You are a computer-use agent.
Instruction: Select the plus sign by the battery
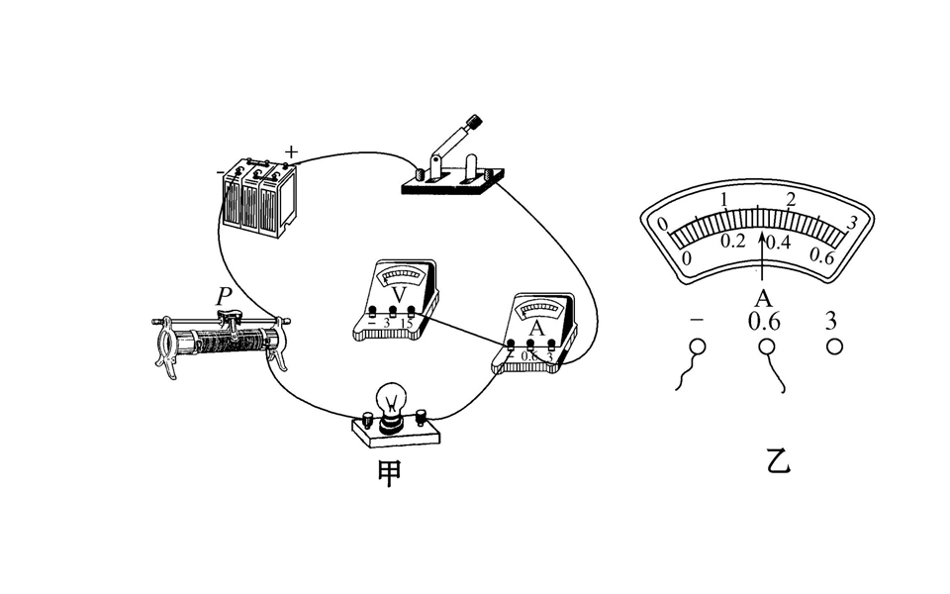(291, 151)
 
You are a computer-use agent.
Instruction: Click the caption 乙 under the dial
(780, 461)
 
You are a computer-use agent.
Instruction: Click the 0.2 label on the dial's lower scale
(733, 242)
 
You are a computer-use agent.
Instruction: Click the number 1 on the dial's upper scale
(724, 200)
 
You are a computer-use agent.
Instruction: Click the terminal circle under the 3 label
(834, 346)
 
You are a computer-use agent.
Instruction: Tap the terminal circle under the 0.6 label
(765, 346)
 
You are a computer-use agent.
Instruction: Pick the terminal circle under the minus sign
(698, 346)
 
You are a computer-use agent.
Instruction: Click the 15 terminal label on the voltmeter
(407, 324)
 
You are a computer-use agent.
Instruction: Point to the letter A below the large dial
(763, 298)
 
